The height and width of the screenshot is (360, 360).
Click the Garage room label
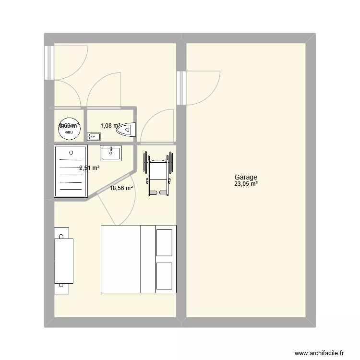click(x=246, y=177)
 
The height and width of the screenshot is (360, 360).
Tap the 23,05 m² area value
click(x=246, y=184)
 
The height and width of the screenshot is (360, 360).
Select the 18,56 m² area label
click(x=121, y=189)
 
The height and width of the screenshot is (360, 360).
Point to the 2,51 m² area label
click(x=89, y=168)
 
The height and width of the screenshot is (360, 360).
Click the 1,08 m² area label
click(x=110, y=126)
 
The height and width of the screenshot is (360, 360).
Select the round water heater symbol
click(x=69, y=127)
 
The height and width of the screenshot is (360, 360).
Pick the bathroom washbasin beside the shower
click(x=111, y=154)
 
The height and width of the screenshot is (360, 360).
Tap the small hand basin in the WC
click(x=94, y=137)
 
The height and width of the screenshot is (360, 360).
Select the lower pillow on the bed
click(x=165, y=276)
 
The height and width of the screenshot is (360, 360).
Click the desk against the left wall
click(x=64, y=260)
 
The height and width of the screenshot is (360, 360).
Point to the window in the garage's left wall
click(x=181, y=87)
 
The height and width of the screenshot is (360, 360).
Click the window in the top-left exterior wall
click(x=49, y=62)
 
